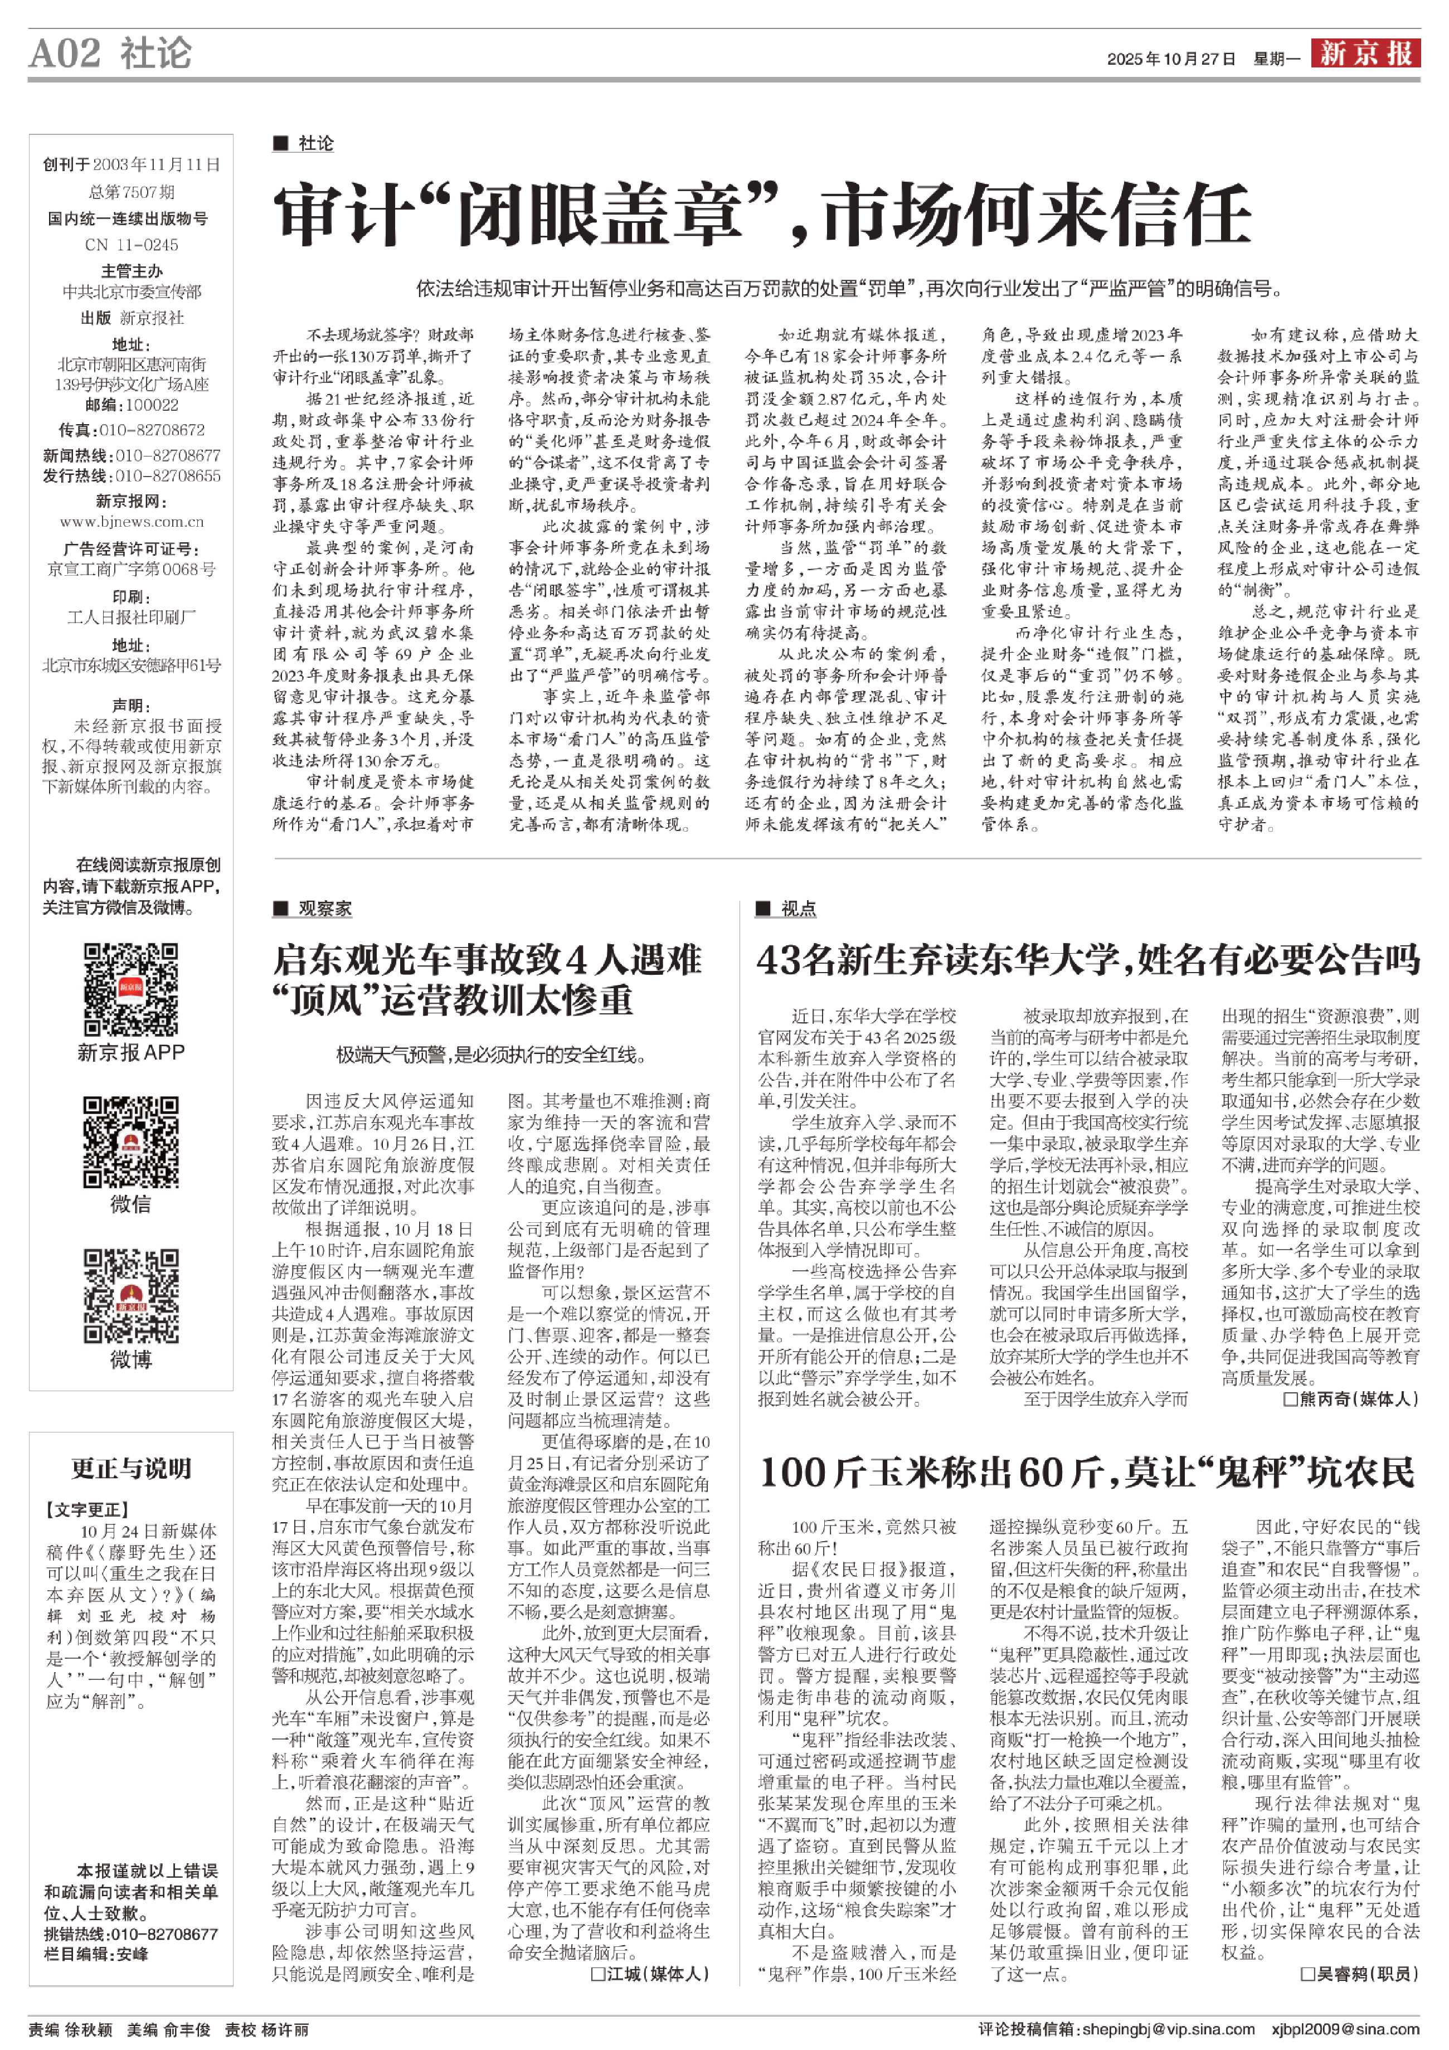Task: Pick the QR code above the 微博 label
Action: pyautogui.click(x=131, y=1295)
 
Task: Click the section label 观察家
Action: pyautogui.click(x=324, y=909)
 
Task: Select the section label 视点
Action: pyautogui.click(x=798, y=909)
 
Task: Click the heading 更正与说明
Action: pyautogui.click(x=131, y=1469)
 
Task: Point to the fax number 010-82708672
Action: pyautogui.click(x=151, y=430)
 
